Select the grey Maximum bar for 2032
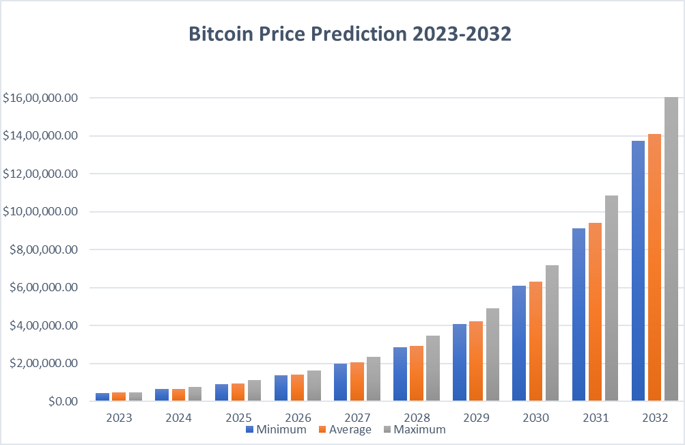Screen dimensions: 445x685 pos(671,250)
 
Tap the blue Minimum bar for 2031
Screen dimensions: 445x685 pos(578,314)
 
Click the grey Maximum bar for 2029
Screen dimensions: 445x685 pos(492,354)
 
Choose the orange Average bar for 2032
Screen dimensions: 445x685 pos(655,267)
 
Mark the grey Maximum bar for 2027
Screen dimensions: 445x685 pos(373,379)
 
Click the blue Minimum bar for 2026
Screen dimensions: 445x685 pos(281,388)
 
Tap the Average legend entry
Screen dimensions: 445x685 pos(345,429)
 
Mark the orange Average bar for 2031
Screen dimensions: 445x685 pos(595,312)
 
